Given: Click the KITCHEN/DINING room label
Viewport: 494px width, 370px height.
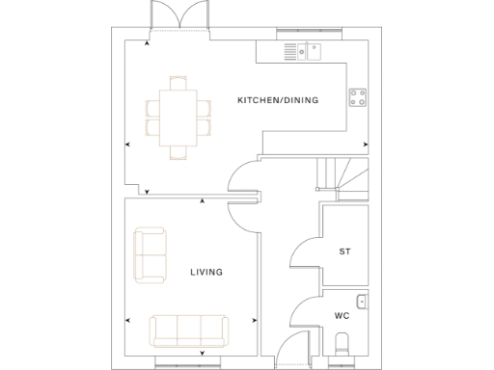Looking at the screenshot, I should [x=278, y=100].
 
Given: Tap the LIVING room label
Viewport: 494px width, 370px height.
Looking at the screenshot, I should [x=206, y=273].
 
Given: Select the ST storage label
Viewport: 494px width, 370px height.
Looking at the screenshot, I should [x=344, y=251].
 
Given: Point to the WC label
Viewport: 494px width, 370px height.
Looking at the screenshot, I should [x=342, y=315].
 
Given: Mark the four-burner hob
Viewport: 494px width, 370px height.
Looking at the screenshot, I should [x=360, y=97].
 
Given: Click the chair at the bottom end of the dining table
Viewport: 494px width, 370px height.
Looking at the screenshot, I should [x=178, y=150].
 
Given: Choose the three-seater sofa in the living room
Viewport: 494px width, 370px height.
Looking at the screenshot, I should [x=189, y=330].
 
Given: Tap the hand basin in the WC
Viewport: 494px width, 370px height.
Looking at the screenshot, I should [x=361, y=302].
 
